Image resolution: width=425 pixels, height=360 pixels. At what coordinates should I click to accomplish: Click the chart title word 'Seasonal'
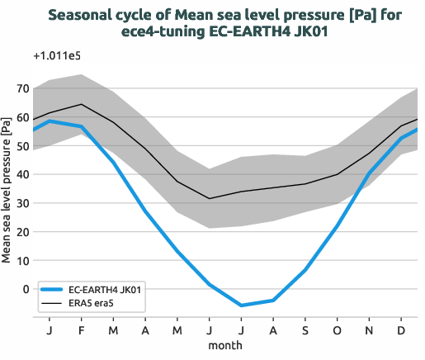pos(79,15)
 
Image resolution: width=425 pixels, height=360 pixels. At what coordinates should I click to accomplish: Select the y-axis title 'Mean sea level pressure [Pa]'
pos(7,188)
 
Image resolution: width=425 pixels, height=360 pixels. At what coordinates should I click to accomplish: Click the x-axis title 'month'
pos(224,344)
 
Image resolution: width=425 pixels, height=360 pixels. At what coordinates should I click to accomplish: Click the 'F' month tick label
pos(81,329)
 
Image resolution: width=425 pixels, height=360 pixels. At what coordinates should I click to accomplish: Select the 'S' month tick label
pos(305,329)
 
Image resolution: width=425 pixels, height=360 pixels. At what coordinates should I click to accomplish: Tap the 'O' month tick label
pos(338,329)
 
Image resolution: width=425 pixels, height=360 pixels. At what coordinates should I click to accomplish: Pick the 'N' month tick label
pos(370,329)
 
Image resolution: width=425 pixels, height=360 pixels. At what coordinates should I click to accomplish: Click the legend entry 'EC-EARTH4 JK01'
pos(104,290)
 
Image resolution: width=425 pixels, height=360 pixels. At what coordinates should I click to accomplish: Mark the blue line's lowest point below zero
pos(242,306)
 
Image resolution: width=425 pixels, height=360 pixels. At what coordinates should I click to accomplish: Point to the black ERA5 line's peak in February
pos(81,104)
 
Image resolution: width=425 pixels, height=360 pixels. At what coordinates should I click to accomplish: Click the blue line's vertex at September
pos(305,270)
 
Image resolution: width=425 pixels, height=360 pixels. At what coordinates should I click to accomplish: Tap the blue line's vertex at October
pos(338,225)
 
